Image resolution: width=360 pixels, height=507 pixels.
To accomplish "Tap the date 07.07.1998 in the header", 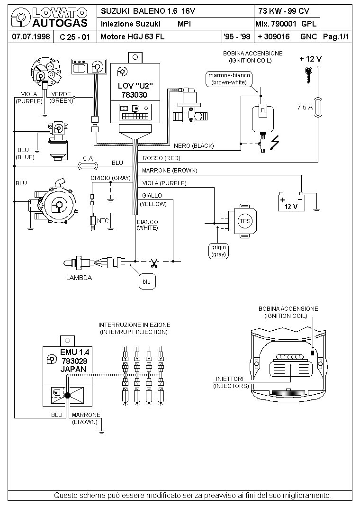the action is (31, 36).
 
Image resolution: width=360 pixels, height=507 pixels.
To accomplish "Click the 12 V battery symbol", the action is (291, 202).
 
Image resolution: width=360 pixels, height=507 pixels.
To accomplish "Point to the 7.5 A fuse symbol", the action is (318, 107).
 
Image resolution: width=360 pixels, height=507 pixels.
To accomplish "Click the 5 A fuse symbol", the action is (88, 166).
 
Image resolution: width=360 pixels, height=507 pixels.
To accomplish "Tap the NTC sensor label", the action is (103, 221).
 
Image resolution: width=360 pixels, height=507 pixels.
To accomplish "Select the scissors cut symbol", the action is (154, 263).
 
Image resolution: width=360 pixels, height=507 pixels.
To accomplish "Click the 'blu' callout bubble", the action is (147, 281).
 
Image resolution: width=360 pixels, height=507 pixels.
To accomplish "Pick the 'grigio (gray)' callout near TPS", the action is (218, 251).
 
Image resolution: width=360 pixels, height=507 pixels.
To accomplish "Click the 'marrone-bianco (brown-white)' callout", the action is (229, 79).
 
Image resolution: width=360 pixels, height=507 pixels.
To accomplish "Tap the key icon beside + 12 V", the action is (309, 75).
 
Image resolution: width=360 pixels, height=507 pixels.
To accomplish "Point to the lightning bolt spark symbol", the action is (275, 143).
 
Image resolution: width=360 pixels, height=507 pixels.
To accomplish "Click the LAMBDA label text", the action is (79, 278).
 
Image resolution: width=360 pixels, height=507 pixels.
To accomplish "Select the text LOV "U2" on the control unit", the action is (135, 86).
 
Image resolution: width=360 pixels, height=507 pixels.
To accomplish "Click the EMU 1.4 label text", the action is (75, 352).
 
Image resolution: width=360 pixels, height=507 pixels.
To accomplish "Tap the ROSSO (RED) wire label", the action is (161, 158).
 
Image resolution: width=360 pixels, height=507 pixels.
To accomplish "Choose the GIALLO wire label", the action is (152, 196).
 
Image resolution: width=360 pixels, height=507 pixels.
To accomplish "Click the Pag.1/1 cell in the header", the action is (336, 36).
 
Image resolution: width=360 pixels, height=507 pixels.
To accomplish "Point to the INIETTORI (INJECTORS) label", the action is (231, 382).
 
